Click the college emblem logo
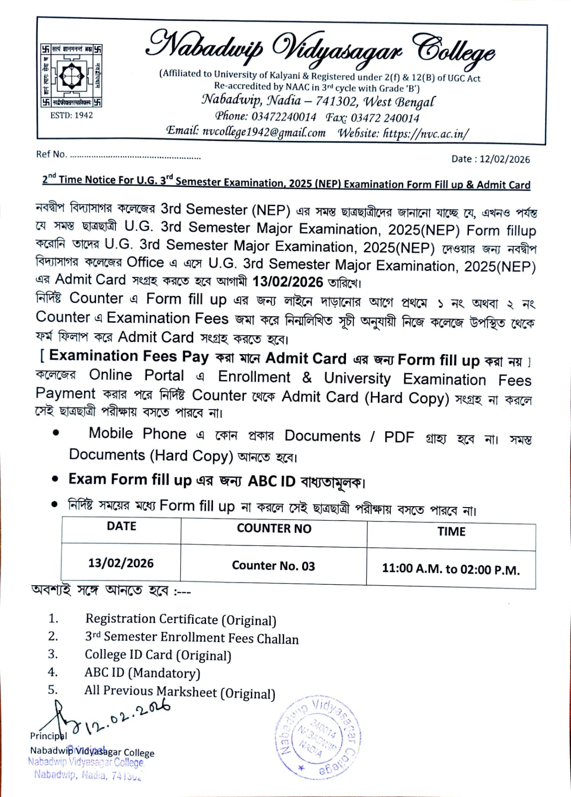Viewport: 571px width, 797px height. click(x=71, y=75)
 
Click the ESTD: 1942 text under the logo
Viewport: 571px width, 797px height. click(x=71, y=115)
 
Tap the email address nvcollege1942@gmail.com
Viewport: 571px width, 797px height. click(x=264, y=133)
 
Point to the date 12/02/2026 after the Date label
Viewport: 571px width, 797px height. click(x=505, y=159)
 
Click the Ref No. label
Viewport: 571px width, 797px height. click(x=51, y=154)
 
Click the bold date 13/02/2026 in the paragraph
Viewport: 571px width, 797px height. click(x=288, y=282)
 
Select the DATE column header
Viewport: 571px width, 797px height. click(x=121, y=527)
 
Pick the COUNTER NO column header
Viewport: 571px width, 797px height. click(x=274, y=529)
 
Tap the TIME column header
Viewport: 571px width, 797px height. click(x=451, y=531)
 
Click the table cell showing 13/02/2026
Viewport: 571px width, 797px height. click(x=121, y=563)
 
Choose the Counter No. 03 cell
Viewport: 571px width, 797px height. click(x=273, y=566)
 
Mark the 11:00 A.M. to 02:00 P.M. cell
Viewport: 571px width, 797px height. click(x=451, y=569)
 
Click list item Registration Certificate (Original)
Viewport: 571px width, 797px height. click(x=180, y=620)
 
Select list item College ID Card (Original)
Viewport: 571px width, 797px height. click(x=158, y=656)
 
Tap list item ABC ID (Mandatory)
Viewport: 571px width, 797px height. click(x=142, y=673)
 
